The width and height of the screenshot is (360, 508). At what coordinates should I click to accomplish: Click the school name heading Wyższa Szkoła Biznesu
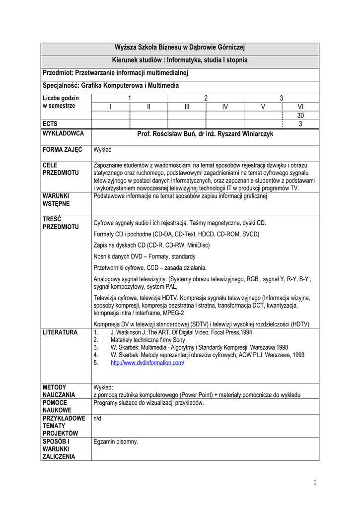[x=180, y=48]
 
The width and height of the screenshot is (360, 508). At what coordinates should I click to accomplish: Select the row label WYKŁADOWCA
[x=63, y=133]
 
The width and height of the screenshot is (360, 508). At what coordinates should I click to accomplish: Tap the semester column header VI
[x=300, y=107]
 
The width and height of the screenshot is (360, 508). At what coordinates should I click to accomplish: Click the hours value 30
[x=300, y=116]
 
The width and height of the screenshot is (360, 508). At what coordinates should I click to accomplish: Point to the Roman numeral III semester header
[x=187, y=107]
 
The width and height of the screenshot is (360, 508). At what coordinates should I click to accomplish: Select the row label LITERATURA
[x=60, y=332]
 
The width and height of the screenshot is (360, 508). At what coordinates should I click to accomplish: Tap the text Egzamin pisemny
[x=116, y=442]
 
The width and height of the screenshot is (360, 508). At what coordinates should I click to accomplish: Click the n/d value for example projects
[x=98, y=418]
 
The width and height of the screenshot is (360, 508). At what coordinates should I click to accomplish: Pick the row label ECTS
[x=50, y=124]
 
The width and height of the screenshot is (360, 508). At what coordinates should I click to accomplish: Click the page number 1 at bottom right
[x=315, y=482]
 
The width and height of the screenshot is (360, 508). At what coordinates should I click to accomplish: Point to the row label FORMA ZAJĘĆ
[x=62, y=149]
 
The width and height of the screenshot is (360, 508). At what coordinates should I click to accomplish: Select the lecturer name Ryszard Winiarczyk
[x=243, y=133]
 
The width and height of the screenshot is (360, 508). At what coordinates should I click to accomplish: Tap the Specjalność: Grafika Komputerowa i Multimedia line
[x=111, y=85]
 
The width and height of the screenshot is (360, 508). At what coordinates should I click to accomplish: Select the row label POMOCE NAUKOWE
[x=57, y=407]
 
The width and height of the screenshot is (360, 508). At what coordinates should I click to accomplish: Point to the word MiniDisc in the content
[x=196, y=245]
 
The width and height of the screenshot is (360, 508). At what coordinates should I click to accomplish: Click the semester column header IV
[x=225, y=107]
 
